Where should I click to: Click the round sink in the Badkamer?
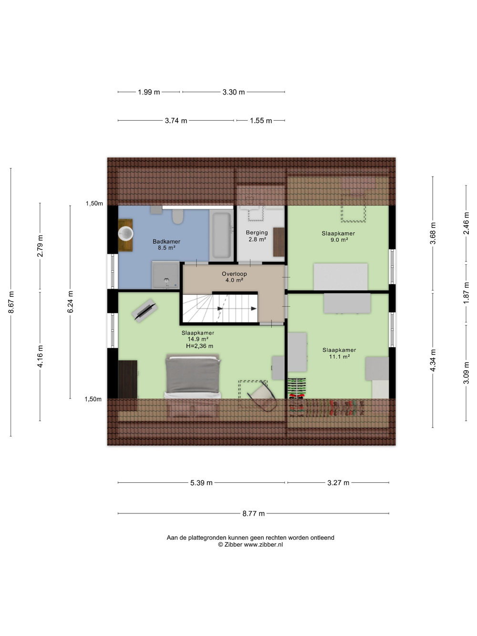coord(126,233)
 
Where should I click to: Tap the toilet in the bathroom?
coord(177,217)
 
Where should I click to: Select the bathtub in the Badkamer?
coord(221,235)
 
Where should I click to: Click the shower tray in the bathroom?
coord(166,275)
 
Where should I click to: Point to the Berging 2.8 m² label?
coord(257,236)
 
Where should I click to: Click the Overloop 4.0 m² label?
coord(234,277)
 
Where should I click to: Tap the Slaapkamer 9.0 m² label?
coord(338,237)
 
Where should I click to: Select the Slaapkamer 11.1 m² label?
coord(339,353)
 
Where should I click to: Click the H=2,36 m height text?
coord(199,346)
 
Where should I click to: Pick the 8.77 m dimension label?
coord(254,514)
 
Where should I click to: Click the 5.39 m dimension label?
coord(201,483)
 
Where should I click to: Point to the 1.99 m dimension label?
coord(149,92)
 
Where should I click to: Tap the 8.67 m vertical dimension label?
coord(11,302)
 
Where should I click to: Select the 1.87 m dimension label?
coord(467,293)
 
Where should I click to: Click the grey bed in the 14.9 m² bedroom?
coord(192,377)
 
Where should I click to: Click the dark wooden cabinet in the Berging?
coord(279,242)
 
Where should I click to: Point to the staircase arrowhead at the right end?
coord(254,309)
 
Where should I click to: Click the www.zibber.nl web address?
coord(263,544)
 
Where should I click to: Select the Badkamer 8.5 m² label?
coord(166,245)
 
